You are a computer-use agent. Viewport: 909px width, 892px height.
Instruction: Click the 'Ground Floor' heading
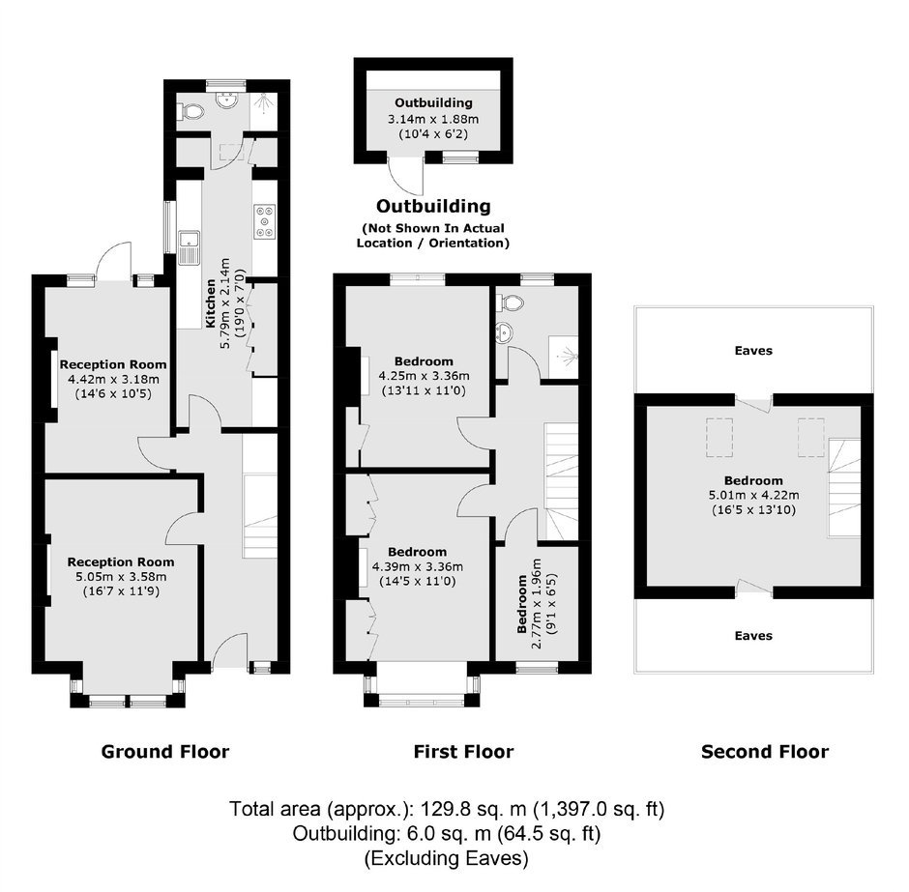click(165, 752)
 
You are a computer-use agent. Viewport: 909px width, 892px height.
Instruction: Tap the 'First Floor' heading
click(464, 752)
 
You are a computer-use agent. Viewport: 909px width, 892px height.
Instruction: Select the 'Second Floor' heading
click(765, 752)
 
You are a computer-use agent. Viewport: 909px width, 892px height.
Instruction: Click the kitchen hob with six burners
click(265, 221)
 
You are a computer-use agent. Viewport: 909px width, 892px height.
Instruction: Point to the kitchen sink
click(189, 247)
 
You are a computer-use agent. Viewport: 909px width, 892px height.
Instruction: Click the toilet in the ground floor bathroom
click(191, 110)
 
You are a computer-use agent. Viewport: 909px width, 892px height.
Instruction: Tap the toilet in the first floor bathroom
click(511, 302)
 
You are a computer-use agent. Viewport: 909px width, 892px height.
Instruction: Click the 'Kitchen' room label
click(211, 303)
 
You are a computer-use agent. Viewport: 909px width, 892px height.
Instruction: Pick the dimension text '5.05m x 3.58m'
click(121, 577)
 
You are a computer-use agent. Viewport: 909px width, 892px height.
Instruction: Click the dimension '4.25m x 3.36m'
click(425, 376)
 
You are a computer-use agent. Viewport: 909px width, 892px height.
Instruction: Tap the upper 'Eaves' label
click(753, 351)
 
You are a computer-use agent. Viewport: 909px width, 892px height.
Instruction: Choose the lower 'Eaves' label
click(753, 635)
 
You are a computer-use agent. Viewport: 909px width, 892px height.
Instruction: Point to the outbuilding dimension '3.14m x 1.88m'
click(433, 119)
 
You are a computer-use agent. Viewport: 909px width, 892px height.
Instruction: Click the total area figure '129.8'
click(444, 809)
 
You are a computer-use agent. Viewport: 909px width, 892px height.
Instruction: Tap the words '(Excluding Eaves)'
click(447, 858)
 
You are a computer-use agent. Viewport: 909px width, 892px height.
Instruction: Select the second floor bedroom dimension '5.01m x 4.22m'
click(753, 495)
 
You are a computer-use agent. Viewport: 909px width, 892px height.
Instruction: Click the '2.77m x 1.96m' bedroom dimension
click(536, 603)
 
